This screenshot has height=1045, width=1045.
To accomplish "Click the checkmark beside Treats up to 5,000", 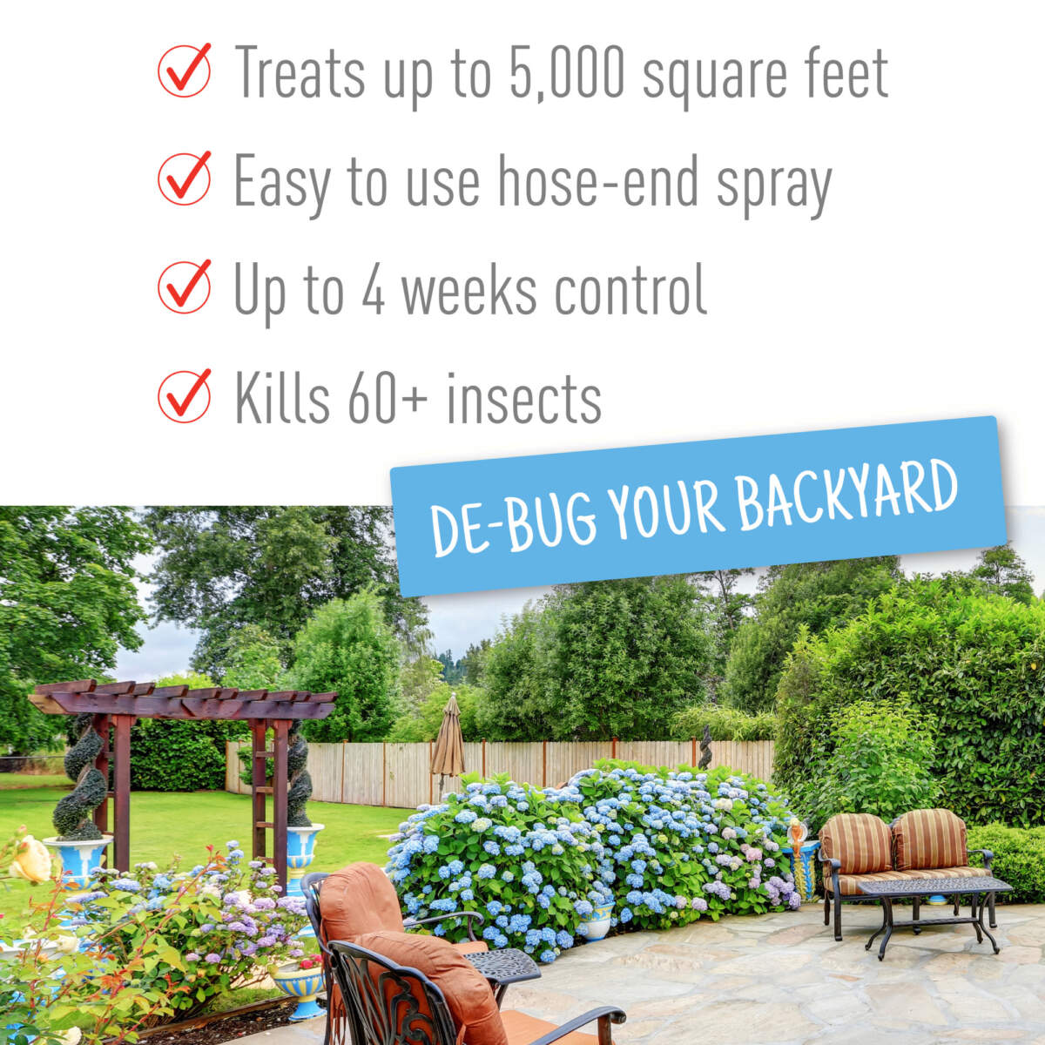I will pyautogui.click(x=184, y=71).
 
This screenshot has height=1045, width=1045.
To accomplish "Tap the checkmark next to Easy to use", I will pyautogui.click(x=184, y=179).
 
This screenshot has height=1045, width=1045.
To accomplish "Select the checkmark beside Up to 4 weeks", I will pyautogui.click(x=184, y=287).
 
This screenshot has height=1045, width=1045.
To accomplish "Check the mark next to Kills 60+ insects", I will pyautogui.click(x=184, y=395).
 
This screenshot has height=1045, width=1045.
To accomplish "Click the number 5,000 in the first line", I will pyautogui.click(x=563, y=73).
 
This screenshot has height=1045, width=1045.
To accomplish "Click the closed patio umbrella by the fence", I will pyautogui.click(x=448, y=740).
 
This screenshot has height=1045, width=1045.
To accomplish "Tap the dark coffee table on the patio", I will pyautogui.click(x=932, y=897).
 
